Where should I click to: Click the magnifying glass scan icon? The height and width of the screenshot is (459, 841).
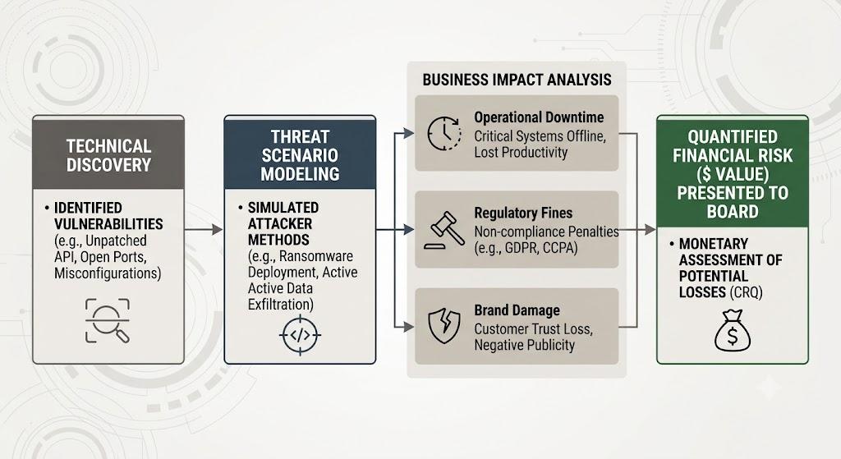click(x=108, y=321)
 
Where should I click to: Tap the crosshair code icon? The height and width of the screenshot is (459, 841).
click(x=300, y=336)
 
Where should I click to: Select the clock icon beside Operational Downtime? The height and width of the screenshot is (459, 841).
click(x=444, y=133)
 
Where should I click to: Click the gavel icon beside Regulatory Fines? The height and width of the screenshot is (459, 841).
click(x=444, y=230)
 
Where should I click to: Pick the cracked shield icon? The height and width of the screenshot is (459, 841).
click(x=444, y=325)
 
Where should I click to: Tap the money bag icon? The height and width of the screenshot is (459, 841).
click(x=732, y=331)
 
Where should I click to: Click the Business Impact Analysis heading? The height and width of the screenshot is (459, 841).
click(x=517, y=80)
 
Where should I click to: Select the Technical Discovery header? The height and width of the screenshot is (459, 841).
click(x=109, y=155)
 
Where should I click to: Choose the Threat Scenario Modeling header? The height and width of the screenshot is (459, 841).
click(x=300, y=155)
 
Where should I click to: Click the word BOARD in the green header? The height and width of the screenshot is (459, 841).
click(x=732, y=212)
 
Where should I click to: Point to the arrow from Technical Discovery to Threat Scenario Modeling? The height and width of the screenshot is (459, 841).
click(x=204, y=230)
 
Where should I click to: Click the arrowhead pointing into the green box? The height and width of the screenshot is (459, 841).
click(x=650, y=230)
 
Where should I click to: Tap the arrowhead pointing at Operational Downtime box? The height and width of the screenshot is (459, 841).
click(x=409, y=133)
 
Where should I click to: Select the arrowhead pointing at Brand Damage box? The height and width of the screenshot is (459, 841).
click(x=409, y=326)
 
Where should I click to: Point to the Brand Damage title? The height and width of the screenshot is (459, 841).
click(x=517, y=310)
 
